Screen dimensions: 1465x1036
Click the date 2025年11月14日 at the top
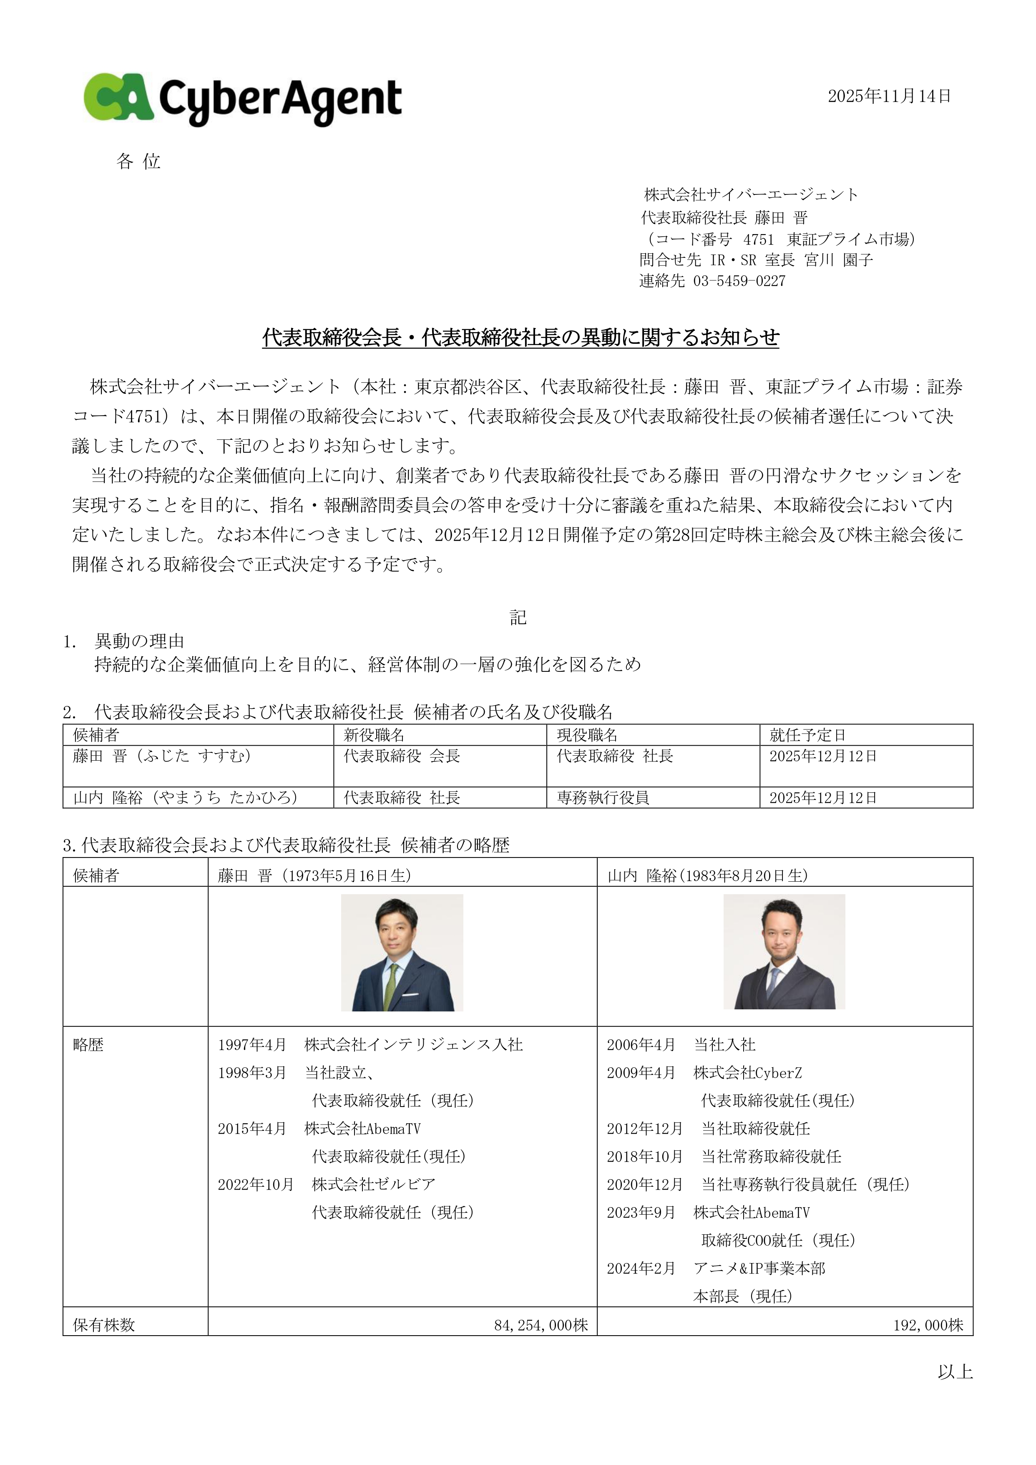[x=889, y=96]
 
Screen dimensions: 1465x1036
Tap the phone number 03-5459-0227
[x=739, y=281]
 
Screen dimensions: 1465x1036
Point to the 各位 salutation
[x=138, y=161]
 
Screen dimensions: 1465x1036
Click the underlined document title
[x=521, y=338]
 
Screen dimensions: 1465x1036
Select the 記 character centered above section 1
[x=518, y=617]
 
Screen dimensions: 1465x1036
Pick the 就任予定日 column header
[x=807, y=735]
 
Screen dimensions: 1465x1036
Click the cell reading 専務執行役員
[x=603, y=797]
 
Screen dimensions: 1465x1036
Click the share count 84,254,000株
[x=541, y=1325]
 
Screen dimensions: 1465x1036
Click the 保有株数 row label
[x=104, y=1325]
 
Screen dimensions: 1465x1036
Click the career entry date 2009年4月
[x=641, y=1073]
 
